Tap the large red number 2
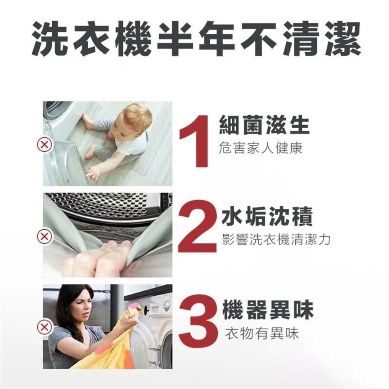tap(197, 229)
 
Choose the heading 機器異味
tap(268, 310)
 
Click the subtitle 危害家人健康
tap(261, 148)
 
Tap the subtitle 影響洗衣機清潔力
tap(276, 239)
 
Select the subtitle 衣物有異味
tap(261, 333)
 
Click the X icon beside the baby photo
tap(45, 144)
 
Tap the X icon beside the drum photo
tap(45, 236)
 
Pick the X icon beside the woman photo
tap(45, 327)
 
